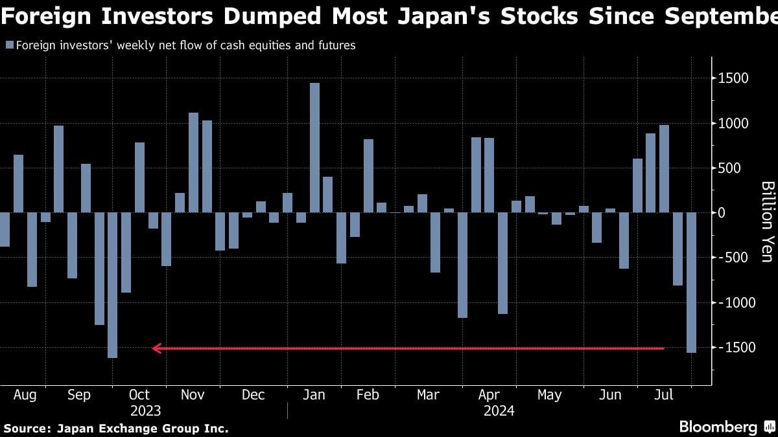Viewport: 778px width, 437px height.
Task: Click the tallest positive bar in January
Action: (x=314, y=148)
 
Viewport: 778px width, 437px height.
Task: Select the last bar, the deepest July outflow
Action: (x=691, y=282)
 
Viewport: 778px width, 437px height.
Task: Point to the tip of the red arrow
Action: (x=153, y=348)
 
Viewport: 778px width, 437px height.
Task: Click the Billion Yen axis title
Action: (x=767, y=222)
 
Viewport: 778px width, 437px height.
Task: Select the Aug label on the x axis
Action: (x=25, y=395)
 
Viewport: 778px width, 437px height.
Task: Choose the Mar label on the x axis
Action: (x=427, y=395)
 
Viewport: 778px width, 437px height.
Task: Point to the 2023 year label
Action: (x=145, y=411)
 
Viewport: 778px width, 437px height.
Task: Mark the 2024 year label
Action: (x=499, y=411)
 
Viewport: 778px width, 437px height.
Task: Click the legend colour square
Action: (x=8, y=45)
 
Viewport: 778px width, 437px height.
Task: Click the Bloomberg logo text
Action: (x=718, y=427)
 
